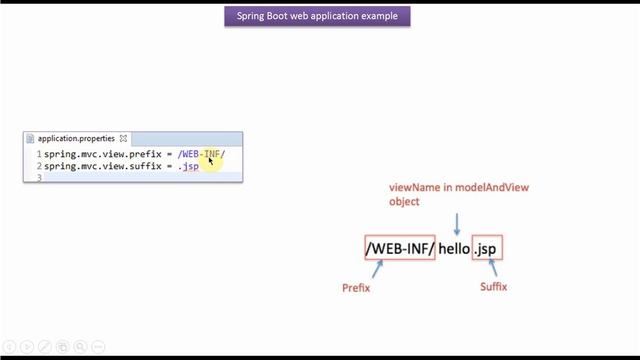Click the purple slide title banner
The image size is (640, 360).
[318, 17]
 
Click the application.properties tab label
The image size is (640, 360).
[76, 139]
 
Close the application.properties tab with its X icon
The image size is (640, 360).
[124, 139]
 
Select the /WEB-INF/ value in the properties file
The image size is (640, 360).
[201, 155]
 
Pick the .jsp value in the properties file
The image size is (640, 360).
[189, 166]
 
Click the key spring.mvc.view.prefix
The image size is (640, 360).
[97, 155]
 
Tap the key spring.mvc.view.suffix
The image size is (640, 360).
[97, 166]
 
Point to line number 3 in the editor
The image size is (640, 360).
[38, 177]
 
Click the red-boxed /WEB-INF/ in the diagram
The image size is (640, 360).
[400, 248]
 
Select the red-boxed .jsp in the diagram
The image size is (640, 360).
[487, 248]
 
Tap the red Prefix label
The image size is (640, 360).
[356, 288]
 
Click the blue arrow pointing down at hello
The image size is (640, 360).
[456, 223]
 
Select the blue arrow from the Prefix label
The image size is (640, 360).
[376, 269]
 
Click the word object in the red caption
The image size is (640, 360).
[405, 201]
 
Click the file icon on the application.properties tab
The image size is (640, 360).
[31, 139]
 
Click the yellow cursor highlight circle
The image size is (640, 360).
[212, 157]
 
